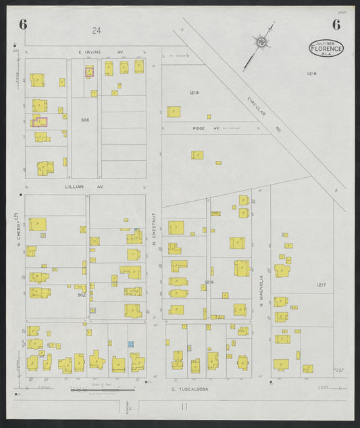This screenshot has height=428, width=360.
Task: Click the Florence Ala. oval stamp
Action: [327, 47]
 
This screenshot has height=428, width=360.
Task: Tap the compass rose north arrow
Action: [261, 44]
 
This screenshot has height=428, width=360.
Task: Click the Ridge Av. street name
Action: [199, 127]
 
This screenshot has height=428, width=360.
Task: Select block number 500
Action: [84, 120]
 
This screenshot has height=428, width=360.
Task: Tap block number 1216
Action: [311, 73]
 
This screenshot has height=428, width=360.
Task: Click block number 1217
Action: [320, 285]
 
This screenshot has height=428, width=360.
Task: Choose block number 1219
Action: [209, 281]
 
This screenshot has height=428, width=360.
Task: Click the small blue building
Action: [131, 344]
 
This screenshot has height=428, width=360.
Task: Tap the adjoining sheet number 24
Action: [97, 30]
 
